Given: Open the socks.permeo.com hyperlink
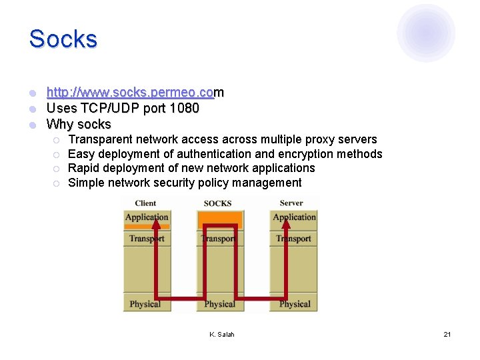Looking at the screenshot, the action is click(x=135, y=92).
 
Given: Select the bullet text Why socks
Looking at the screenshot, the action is click(x=79, y=124).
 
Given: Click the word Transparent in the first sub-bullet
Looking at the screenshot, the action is click(x=101, y=139).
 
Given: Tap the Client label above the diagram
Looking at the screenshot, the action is click(x=145, y=203).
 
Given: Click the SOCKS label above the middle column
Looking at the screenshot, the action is click(x=217, y=203).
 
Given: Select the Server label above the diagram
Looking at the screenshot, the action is click(x=291, y=203).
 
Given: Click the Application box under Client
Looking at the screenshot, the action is click(x=147, y=217).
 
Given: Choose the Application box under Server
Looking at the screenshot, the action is click(x=294, y=217).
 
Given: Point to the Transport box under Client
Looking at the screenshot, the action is click(x=147, y=239).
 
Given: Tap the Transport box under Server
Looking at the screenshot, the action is click(x=294, y=239).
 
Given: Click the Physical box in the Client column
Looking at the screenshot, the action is click(x=145, y=304).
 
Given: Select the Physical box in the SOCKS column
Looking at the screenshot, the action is click(x=219, y=304).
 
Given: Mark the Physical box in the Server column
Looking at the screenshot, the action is click(x=295, y=304).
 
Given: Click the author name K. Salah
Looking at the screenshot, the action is click(x=221, y=334).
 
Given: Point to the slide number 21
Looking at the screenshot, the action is click(x=447, y=334).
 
